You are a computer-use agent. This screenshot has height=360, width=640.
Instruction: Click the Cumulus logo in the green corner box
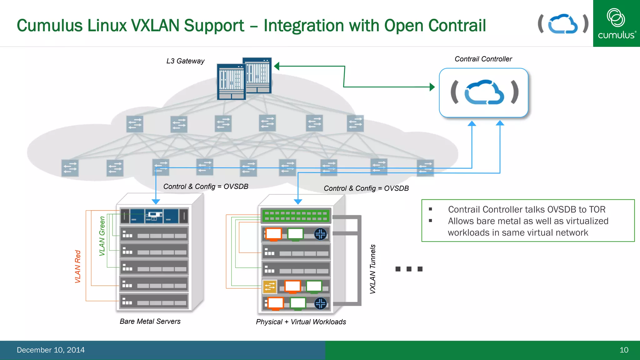pos(616,24)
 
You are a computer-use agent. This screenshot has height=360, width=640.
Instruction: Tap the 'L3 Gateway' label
pos(185,61)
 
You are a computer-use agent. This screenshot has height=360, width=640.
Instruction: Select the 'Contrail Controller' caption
pos(483,59)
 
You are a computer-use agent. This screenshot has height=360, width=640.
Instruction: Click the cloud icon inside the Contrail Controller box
pos(484,92)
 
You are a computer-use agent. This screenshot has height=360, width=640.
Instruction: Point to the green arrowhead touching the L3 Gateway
pos(277,66)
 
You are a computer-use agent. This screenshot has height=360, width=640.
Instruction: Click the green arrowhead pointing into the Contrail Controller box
pos(432,87)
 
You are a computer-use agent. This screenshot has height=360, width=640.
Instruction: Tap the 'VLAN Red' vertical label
pos(78,266)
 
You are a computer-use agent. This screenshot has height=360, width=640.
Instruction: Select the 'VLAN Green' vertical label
pos(102,236)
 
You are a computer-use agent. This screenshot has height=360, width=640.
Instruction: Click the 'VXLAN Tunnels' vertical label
pos(372,269)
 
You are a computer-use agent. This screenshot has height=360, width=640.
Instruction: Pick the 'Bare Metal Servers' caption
pos(150,321)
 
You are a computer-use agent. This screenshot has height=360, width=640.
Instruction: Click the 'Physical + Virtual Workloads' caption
pos(301,322)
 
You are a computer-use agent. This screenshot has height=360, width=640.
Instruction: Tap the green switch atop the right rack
pos(295,216)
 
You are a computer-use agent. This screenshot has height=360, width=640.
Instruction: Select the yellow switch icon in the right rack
pos(270,287)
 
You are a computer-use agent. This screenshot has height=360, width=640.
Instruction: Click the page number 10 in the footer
pos(624,350)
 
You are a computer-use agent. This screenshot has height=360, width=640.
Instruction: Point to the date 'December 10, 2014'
pos(51,350)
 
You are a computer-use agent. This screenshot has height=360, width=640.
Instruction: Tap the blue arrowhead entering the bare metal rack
pos(156,202)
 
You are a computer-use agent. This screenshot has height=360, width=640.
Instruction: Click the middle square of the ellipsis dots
pos(409,269)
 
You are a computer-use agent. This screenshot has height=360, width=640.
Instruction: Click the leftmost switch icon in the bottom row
pos(70,168)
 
